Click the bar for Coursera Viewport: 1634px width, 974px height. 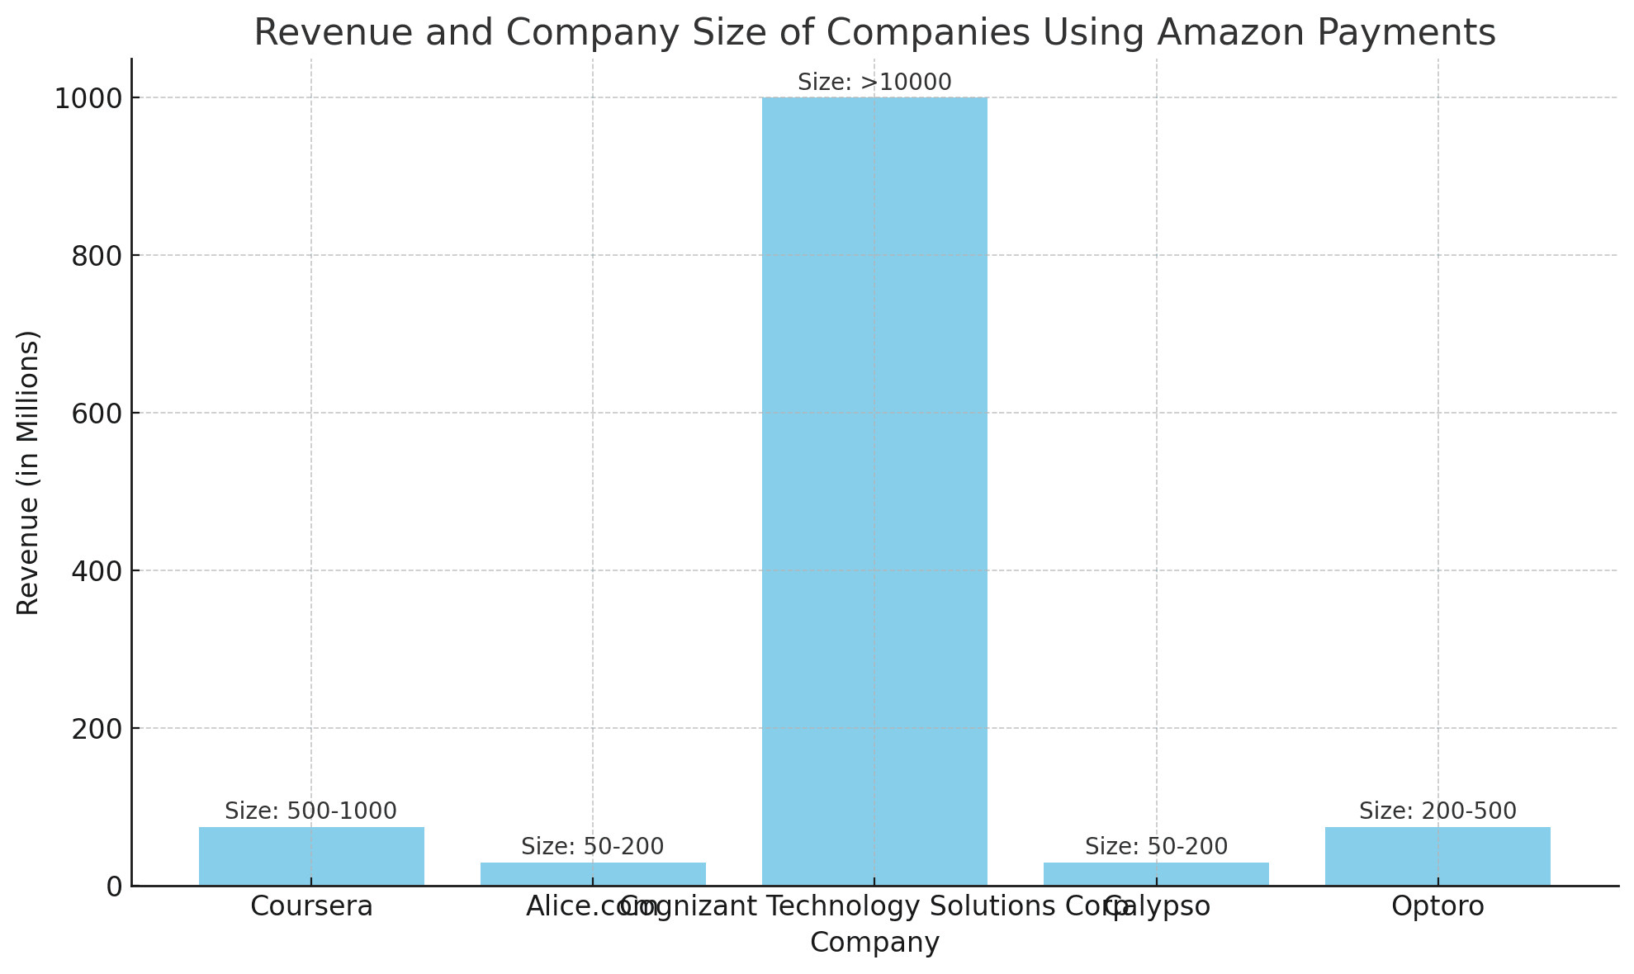pyautogui.click(x=311, y=856)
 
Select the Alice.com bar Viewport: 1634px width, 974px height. pyautogui.click(x=593, y=874)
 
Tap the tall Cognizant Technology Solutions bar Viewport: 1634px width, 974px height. pyautogui.click(x=874, y=491)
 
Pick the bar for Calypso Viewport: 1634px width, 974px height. pyautogui.click(x=1156, y=874)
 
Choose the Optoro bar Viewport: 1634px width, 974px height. pyautogui.click(x=1437, y=856)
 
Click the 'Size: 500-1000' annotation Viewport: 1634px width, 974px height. pyautogui.click(x=310, y=811)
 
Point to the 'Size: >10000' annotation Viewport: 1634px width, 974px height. pyautogui.click(x=874, y=83)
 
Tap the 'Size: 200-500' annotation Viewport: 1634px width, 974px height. pyautogui.click(x=1437, y=811)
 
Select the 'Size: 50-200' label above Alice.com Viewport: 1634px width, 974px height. pyautogui.click(x=593, y=847)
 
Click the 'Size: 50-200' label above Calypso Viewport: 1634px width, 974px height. pyautogui.click(x=1156, y=847)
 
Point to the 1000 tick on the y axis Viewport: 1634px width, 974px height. pyautogui.click(x=88, y=98)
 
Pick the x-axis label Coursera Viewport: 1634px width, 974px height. pyautogui.click(x=311, y=906)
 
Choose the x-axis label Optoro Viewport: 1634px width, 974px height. pyautogui.click(x=1437, y=906)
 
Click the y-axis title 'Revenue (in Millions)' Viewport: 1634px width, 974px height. pyautogui.click(x=28, y=472)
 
